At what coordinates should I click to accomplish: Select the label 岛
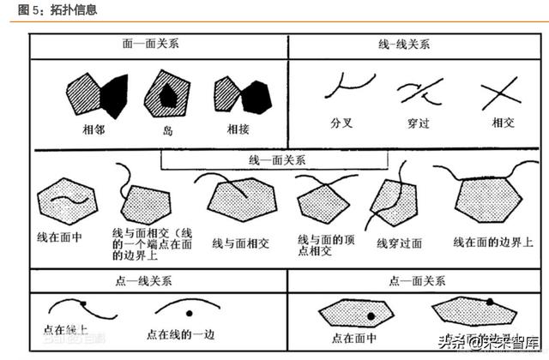point(168,131)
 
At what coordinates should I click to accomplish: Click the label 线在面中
point(61,237)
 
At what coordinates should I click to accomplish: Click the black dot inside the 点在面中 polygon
point(371,316)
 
